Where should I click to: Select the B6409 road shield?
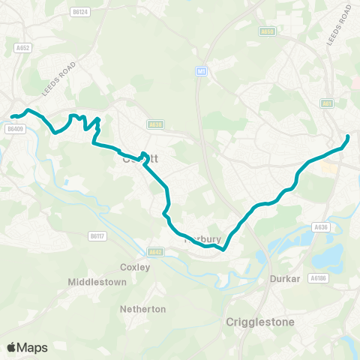(x=15, y=129)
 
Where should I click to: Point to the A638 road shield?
(x=155, y=125)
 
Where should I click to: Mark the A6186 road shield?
(x=319, y=277)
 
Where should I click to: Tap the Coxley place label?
(x=135, y=266)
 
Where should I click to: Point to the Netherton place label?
(x=142, y=308)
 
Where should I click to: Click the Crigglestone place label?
(x=260, y=322)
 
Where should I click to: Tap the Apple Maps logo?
(x=27, y=347)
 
